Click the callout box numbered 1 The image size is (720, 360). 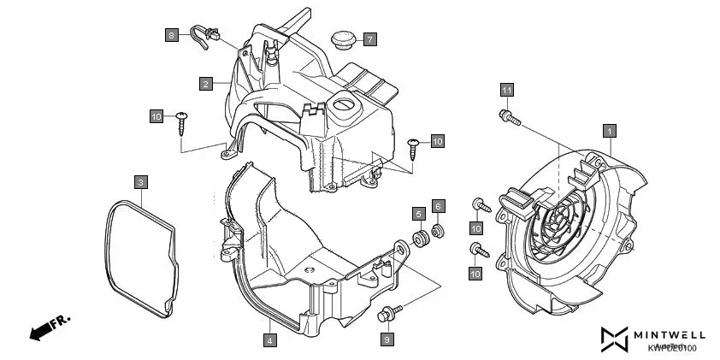609,131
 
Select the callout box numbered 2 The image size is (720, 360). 205,84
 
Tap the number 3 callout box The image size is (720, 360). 140,181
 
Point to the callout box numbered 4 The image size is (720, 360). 269,339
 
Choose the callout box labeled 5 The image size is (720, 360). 418,213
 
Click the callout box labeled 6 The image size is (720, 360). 437,206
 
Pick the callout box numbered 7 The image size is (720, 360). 369,39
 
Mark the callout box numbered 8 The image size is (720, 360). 172,34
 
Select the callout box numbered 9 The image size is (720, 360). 386,339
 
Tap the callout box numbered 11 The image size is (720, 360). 506,90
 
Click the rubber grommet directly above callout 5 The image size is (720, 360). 421,237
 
